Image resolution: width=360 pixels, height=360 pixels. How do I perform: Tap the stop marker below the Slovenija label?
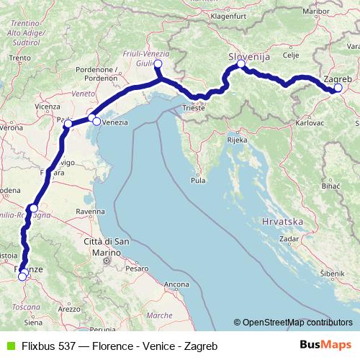coord(241,64)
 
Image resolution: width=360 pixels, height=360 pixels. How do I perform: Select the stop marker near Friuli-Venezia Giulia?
coord(158,64)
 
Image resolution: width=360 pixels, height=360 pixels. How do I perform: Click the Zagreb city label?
coord(338,78)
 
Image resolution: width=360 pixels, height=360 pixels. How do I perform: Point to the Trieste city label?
coord(193,108)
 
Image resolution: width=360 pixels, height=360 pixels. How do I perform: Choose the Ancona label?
coord(176,285)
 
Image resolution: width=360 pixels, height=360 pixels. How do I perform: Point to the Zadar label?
coord(289,237)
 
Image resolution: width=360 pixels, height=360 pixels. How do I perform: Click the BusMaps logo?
coord(321,345)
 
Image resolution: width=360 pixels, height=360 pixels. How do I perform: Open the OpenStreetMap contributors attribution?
coord(293,323)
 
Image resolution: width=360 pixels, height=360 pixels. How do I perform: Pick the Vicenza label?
coord(47,107)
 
